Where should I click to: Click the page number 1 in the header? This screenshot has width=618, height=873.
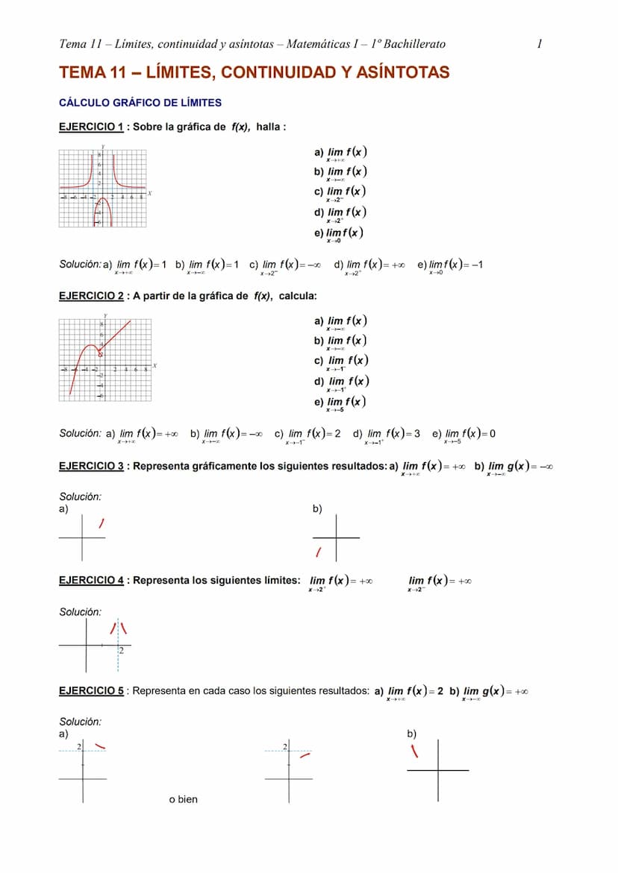[540, 44]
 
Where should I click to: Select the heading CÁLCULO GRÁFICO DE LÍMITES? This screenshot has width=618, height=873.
[140, 103]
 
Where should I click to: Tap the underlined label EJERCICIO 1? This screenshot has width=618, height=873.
[91, 127]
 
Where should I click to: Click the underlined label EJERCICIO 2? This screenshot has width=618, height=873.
[91, 296]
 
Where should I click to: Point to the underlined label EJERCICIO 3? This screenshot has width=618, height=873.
[91, 466]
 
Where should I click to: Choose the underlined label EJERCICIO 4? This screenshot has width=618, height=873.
[91, 580]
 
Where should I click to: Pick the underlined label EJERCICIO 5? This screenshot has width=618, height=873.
[91, 691]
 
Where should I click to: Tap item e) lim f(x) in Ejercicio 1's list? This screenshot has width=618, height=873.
[340, 233]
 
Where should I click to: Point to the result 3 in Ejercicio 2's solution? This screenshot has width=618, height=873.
[416, 434]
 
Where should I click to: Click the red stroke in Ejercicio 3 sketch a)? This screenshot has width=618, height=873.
[102, 525]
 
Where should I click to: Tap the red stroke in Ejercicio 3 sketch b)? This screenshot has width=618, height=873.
[318, 552]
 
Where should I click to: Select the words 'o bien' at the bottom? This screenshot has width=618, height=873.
[184, 799]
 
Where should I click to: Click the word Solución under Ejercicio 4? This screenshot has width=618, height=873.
[80, 612]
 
